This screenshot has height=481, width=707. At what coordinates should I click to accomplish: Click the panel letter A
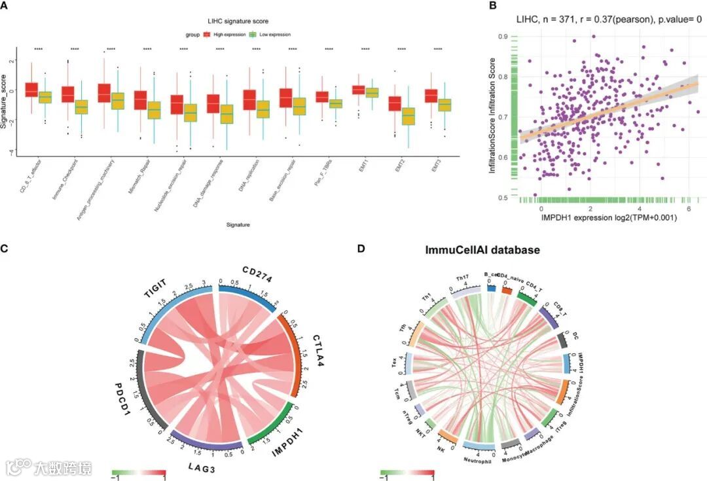click(5, 6)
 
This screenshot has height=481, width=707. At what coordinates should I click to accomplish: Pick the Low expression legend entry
click(268, 34)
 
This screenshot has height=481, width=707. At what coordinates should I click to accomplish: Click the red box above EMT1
click(358, 89)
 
